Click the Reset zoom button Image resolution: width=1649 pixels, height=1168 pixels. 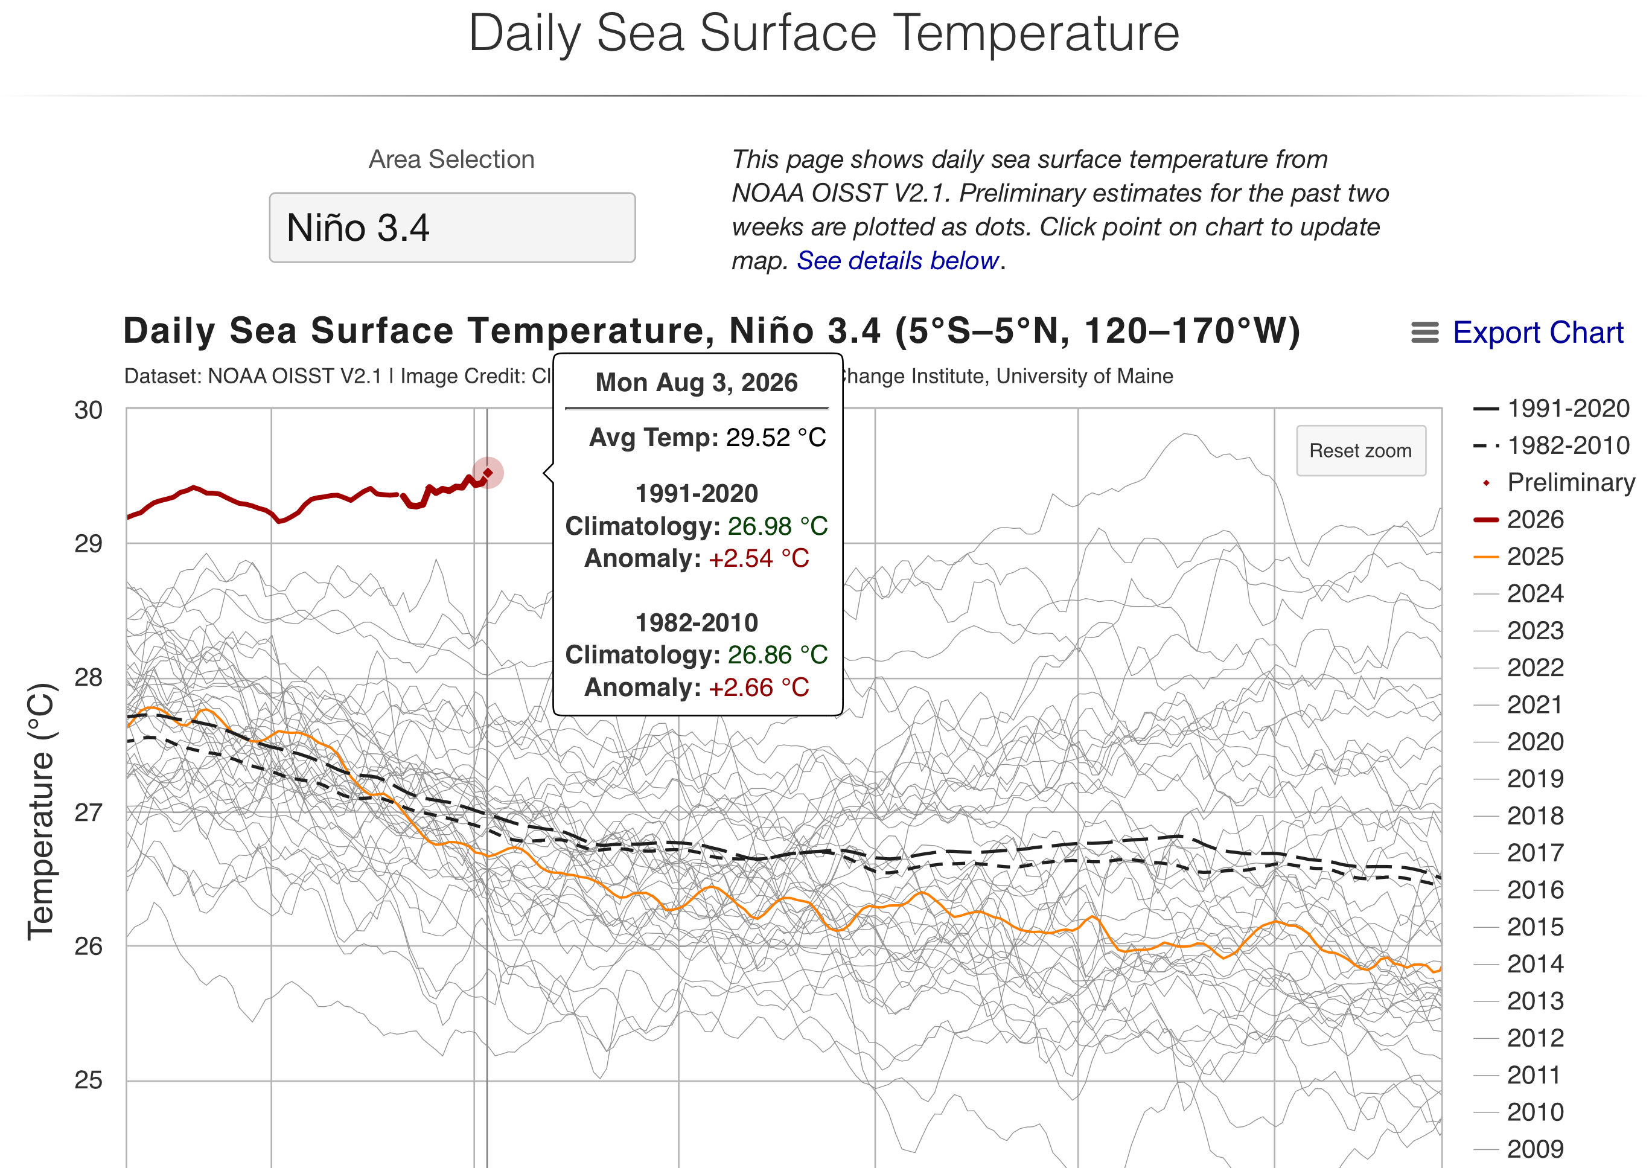pos(1360,451)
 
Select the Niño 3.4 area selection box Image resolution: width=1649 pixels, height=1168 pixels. pos(452,228)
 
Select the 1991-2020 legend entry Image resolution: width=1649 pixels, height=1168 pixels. pos(1551,409)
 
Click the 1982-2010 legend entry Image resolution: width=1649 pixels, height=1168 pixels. pos(1551,446)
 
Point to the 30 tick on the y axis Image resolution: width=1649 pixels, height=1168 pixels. pos(89,410)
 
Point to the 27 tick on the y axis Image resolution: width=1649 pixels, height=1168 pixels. pos(89,812)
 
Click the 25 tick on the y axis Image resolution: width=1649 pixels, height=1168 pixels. pos(89,1080)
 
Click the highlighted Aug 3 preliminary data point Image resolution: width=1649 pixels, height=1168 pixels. pos(488,473)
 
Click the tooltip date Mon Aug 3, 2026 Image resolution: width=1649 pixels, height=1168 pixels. pos(696,383)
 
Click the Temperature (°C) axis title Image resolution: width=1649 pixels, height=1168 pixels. pos(41,811)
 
